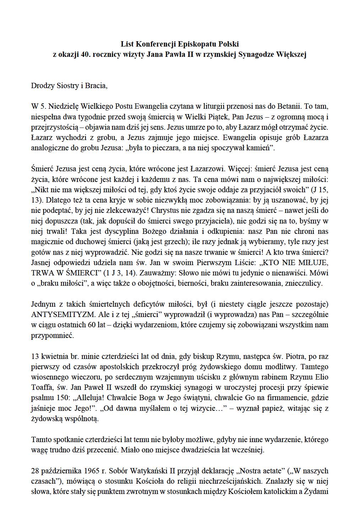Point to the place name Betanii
(x=289, y=106)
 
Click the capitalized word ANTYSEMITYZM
(x=63, y=315)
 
